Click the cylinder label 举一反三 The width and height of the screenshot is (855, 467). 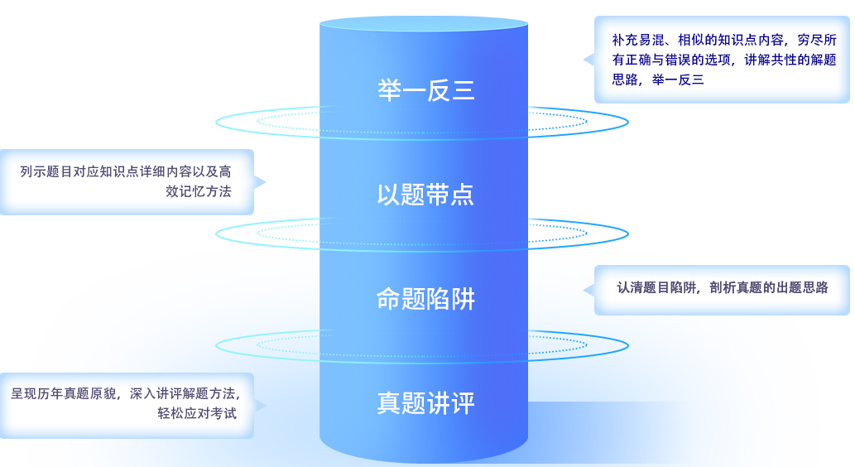coord(425,90)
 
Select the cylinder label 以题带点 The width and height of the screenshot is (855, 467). coord(425,195)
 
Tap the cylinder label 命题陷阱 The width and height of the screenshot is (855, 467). coord(425,299)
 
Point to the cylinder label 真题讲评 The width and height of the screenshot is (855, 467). coord(425,403)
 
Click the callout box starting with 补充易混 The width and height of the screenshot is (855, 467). coord(722,60)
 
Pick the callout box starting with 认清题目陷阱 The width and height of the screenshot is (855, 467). coord(722,289)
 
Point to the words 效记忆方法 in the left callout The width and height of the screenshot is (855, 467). coord(199,191)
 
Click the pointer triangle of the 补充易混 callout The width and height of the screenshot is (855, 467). coord(588,60)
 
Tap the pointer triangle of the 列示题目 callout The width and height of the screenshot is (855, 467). coord(259,182)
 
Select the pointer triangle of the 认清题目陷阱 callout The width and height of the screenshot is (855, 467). coord(588,290)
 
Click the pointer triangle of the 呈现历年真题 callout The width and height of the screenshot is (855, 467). coord(259,406)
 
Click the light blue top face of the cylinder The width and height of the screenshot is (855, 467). coord(424,22)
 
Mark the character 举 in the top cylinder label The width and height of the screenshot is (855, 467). coord(389,90)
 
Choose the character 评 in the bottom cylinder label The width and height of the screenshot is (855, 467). coord(463,403)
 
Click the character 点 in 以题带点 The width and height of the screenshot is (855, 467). coord(463,195)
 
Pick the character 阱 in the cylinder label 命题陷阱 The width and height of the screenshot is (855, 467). coord(463,299)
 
